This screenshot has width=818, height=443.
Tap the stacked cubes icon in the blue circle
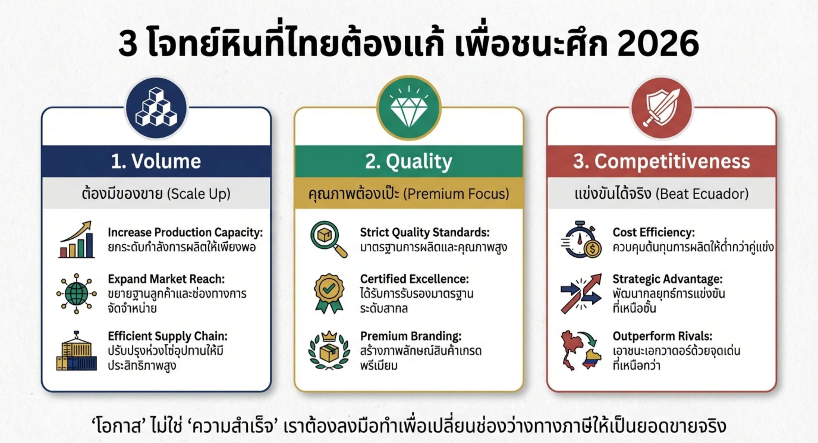pyautogui.click(x=156, y=107)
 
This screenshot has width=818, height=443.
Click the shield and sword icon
pyautogui.click(x=662, y=108)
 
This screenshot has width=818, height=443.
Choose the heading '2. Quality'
pyautogui.click(x=409, y=162)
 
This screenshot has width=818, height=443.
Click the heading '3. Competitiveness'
pyautogui.click(x=662, y=161)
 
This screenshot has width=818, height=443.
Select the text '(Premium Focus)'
pyautogui.click(x=456, y=194)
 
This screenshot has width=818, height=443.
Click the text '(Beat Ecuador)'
pyautogui.click(x=702, y=194)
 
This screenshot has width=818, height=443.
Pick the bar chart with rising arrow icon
pyautogui.click(x=76, y=239)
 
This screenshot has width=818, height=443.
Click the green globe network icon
pyautogui.click(x=76, y=293)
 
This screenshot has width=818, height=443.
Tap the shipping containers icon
pyautogui.click(x=76, y=351)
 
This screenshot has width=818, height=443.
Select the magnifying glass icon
pyautogui.click(x=329, y=239)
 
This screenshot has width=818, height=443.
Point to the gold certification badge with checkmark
pyautogui.click(x=329, y=293)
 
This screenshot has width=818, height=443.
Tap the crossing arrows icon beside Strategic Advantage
pyautogui.click(x=581, y=293)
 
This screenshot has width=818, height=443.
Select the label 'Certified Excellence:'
pyautogui.click(x=414, y=279)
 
